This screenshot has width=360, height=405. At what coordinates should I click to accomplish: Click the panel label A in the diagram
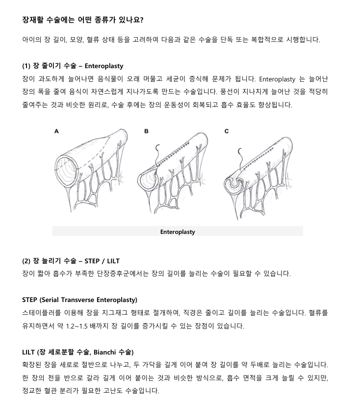pos(56,131)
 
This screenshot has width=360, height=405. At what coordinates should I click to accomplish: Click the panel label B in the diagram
pos(146,131)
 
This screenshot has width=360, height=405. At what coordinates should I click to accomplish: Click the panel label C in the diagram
pos(227,131)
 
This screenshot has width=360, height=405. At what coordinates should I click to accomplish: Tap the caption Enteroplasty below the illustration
pos(178,232)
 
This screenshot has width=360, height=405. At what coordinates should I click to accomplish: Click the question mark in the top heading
pos(141,20)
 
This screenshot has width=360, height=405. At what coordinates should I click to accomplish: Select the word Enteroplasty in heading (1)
pos(104,66)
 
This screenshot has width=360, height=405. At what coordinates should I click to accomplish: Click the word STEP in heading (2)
pos(92,261)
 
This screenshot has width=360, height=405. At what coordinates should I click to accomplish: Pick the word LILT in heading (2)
pos(113,261)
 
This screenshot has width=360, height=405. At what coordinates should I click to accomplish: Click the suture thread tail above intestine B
pos(157,154)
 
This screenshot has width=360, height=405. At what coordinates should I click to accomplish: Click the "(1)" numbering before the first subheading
pos(26,66)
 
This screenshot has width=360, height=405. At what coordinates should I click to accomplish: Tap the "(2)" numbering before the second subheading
pos(26,261)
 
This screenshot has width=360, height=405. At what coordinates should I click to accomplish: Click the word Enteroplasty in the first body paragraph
pos(277,79)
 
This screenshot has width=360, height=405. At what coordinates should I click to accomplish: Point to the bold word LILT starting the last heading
pos(28,352)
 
